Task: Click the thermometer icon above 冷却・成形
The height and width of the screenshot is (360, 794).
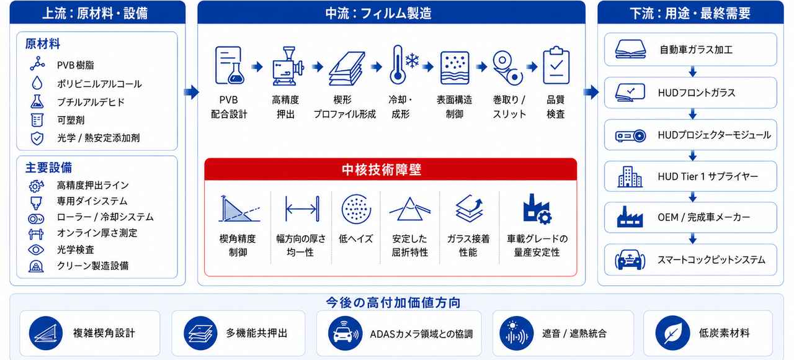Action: pos(398,65)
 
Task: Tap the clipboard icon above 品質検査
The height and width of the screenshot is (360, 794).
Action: pos(556,65)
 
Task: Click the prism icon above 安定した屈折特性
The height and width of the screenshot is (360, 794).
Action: pos(410,209)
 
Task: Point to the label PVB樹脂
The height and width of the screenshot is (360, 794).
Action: pos(76,65)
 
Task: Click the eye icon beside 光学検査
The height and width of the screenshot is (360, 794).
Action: pos(36,250)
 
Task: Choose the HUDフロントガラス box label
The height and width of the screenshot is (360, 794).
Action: pos(697,93)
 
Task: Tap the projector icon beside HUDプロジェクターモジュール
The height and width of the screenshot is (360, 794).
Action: pos(630,136)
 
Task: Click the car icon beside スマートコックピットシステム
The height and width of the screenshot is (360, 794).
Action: pos(630,260)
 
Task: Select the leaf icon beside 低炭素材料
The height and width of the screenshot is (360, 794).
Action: pos(672,333)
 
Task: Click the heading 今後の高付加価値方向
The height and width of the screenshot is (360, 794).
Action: pos(393,302)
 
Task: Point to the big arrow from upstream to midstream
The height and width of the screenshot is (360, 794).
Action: pos(192,92)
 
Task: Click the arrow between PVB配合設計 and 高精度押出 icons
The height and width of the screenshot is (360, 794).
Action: pos(257,66)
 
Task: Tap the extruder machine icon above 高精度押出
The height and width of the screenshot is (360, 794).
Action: pos(288,66)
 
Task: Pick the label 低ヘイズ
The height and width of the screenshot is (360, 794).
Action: pos(355,239)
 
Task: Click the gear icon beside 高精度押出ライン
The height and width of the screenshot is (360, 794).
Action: pos(36,186)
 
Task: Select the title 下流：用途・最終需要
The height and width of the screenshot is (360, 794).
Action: pos(690,14)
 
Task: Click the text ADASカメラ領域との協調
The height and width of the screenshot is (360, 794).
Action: pos(421,334)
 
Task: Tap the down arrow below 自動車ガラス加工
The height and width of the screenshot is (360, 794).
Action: pos(693,71)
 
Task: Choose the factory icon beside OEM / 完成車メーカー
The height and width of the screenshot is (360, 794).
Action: pos(630,217)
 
